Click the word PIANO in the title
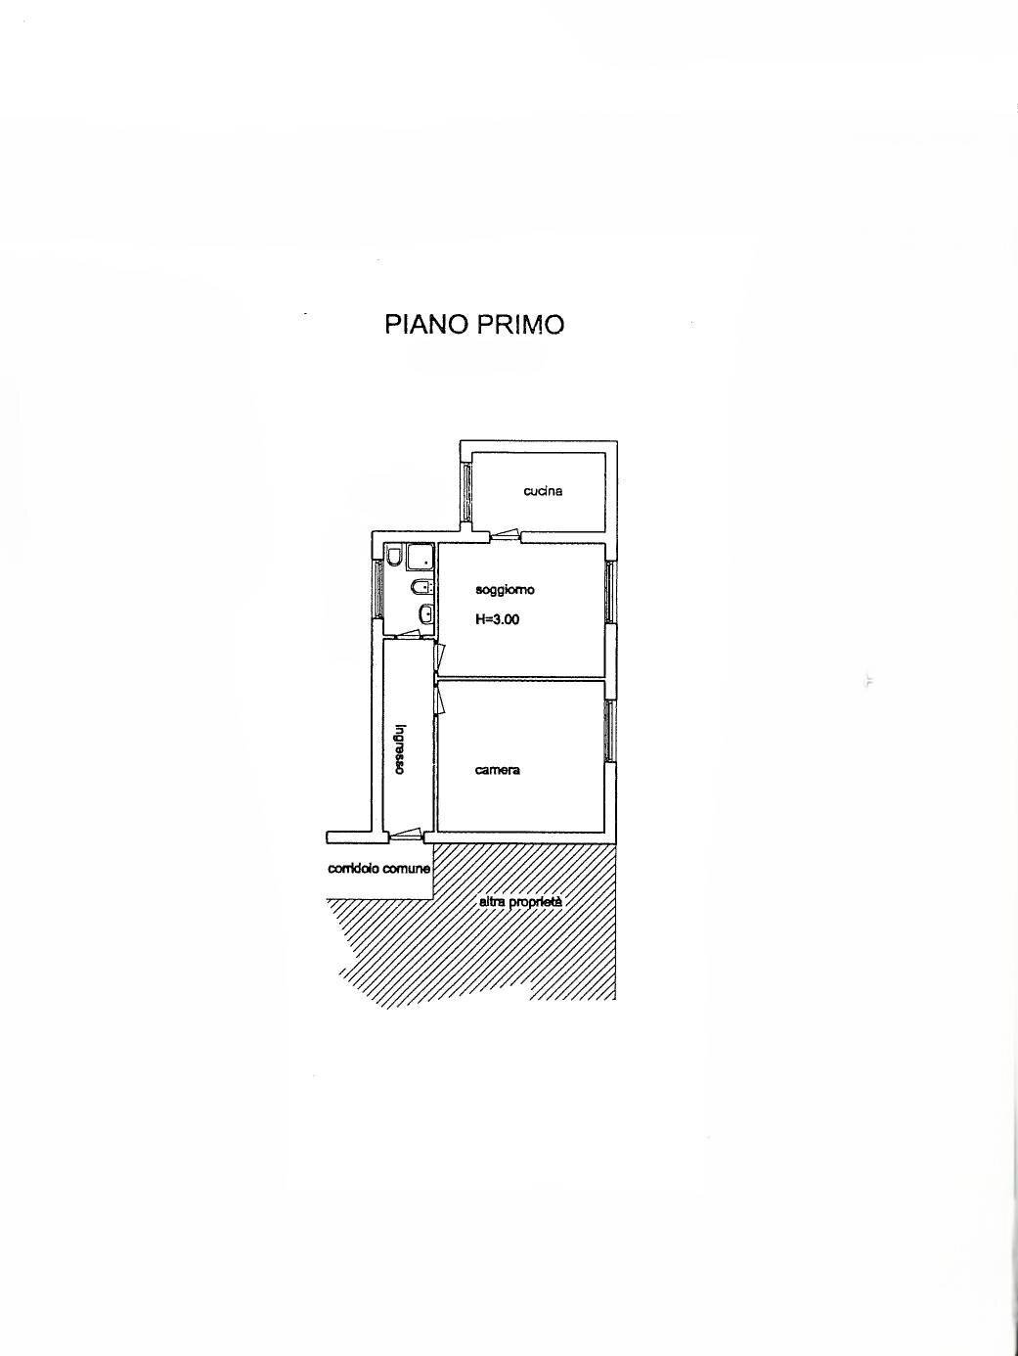423,325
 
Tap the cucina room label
543,491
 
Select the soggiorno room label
505,590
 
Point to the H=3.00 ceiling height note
497,619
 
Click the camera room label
498,770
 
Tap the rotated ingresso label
401,749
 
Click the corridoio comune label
379,869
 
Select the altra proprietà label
521,902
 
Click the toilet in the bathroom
393,556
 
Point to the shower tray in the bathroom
420,557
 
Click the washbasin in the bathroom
426,614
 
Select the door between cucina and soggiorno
505,535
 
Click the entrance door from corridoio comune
405,836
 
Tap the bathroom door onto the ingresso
408,634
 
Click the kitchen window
466,492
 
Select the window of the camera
610,731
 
